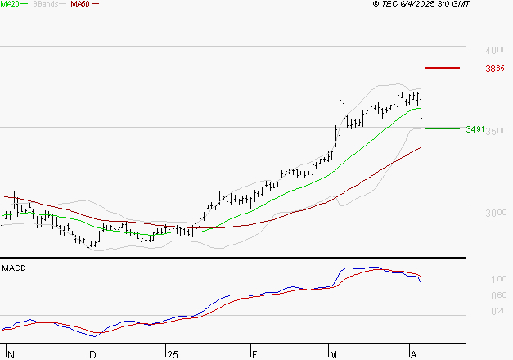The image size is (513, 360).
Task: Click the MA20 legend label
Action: coord(10,4)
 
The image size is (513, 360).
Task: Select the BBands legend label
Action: coord(45,4)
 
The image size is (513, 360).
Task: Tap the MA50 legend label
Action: coord(80,4)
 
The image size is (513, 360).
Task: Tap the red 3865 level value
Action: coord(494,69)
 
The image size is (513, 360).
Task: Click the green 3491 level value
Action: coord(475,129)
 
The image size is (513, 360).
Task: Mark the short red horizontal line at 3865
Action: coord(442,67)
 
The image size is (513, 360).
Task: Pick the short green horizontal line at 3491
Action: coord(442,128)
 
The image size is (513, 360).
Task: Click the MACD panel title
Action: coord(14,268)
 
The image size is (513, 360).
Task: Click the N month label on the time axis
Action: coord(10,354)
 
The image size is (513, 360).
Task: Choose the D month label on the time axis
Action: coord(92,354)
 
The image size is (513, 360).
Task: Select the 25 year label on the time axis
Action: coord(172,354)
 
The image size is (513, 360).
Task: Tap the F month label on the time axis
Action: coord(254,354)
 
